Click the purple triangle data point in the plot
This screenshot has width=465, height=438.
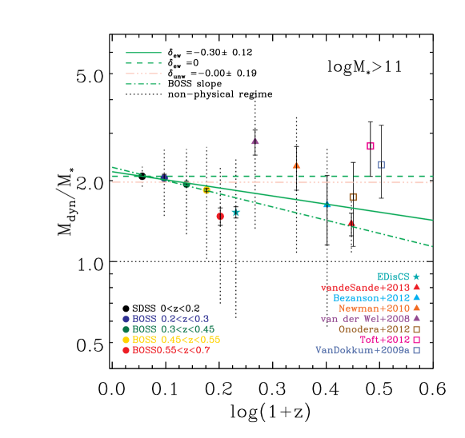point(255,141)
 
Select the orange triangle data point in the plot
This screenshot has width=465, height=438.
point(296,165)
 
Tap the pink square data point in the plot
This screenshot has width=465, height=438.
point(370,145)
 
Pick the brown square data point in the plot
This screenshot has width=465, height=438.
point(352,197)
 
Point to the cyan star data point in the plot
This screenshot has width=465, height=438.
point(235,213)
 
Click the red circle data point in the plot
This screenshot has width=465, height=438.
point(220,216)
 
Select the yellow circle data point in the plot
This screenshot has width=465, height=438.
point(206,190)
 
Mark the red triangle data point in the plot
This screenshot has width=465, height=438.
point(351,224)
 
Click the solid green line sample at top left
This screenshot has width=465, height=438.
point(143,53)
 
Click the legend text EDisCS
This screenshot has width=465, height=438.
point(393,277)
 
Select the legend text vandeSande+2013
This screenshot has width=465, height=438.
point(365,287)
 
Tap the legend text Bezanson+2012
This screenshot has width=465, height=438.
point(371,297)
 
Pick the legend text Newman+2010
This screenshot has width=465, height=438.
point(374,308)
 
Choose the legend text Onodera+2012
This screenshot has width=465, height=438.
point(374,328)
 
